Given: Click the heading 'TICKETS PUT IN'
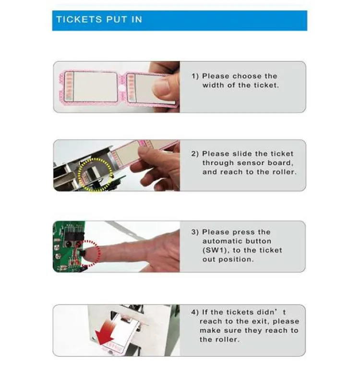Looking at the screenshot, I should coord(99,20).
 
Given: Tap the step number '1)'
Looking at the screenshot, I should coord(195,76).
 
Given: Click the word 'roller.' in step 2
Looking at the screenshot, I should coord(282,172).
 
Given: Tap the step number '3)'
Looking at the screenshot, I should coord(195,232).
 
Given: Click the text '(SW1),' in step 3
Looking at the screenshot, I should coord(217,250).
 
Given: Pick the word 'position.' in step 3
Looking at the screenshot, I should coord(236,259).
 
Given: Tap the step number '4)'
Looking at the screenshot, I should coord(195,312).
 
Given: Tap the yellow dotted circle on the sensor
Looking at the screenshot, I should coord(93,174).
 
